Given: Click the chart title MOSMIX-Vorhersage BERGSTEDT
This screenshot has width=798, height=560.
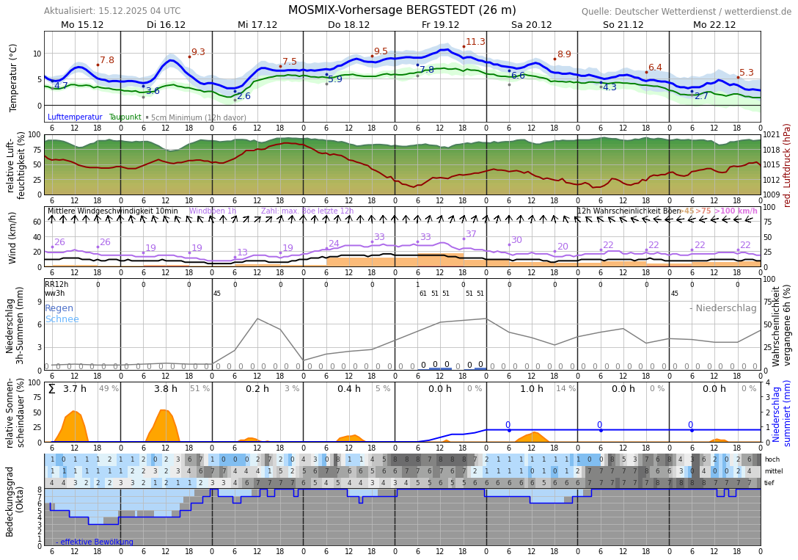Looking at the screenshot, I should (402, 10).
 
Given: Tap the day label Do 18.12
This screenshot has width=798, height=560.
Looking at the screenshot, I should (348, 24).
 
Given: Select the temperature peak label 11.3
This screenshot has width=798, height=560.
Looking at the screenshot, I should (475, 42).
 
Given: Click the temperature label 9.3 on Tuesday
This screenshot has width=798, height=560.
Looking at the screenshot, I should (198, 52).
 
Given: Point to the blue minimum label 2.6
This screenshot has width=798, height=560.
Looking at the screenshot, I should (244, 96).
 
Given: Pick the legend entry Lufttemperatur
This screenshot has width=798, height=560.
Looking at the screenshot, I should (75, 117).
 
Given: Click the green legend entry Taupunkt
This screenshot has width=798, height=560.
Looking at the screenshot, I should (125, 117).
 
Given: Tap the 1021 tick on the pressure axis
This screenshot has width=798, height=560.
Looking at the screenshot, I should (772, 135).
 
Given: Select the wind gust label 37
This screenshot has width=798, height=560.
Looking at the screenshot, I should (471, 234).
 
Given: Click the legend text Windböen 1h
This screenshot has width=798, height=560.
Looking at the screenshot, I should (213, 211).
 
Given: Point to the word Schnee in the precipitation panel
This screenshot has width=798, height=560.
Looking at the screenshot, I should (62, 319).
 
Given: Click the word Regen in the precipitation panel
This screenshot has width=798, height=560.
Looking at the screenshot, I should (59, 308).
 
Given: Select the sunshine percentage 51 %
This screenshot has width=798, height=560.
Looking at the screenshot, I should (199, 389).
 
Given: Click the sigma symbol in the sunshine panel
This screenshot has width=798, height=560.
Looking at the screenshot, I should (51, 389).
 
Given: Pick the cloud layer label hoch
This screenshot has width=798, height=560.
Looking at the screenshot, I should (772, 459).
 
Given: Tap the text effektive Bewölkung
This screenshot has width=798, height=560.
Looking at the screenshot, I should (97, 542).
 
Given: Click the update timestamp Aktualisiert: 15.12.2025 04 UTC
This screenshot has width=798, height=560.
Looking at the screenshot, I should (112, 11).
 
